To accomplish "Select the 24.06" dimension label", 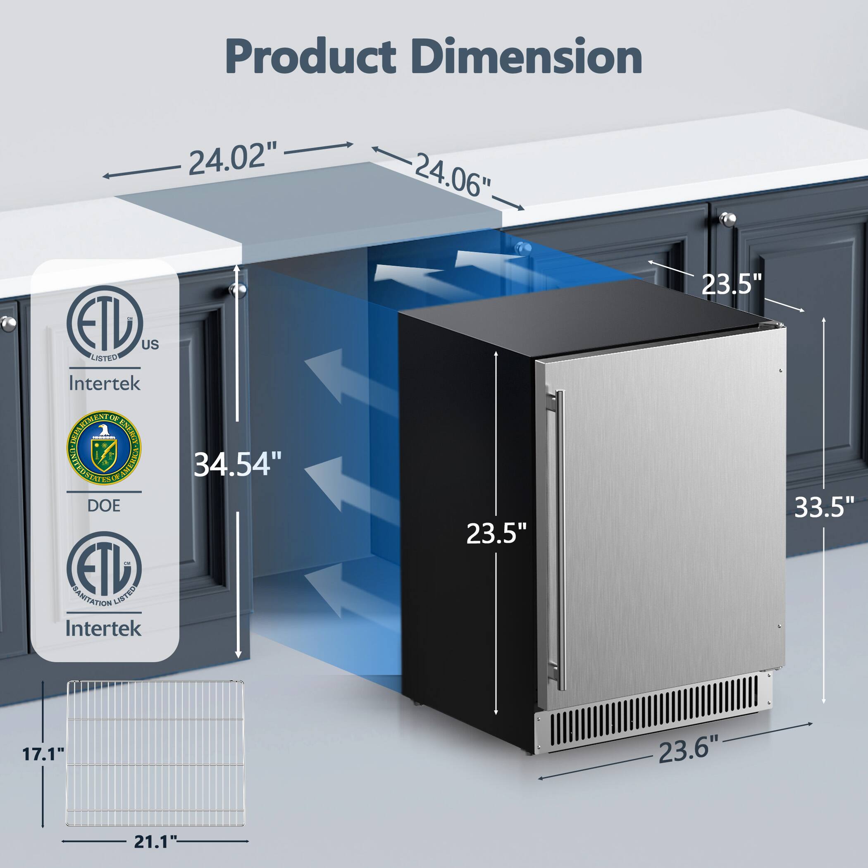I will point(451,175).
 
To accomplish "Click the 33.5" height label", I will point(823,507).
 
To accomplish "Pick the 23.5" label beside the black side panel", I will point(496,534).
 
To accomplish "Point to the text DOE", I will point(104,506).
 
